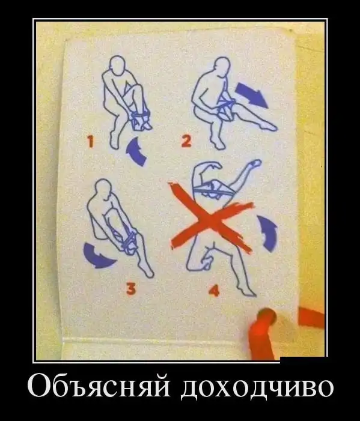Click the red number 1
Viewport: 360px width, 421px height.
coord(91,142)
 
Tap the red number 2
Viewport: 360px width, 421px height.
coord(186,141)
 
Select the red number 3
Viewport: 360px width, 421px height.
coord(131,289)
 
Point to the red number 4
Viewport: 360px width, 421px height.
coord(214,290)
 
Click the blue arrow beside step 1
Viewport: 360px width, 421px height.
coord(137,152)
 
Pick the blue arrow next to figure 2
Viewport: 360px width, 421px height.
coord(251,95)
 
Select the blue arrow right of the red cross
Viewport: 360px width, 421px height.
coord(267,233)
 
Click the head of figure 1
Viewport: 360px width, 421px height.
coord(118,64)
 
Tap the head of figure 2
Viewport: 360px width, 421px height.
coord(223,66)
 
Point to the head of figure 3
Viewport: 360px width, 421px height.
coord(103,188)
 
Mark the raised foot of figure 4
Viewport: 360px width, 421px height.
coord(255,163)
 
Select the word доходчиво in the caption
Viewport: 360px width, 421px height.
coord(257,388)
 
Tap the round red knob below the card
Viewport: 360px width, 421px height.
coord(266,318)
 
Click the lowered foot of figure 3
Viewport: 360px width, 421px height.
coord(147,271)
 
